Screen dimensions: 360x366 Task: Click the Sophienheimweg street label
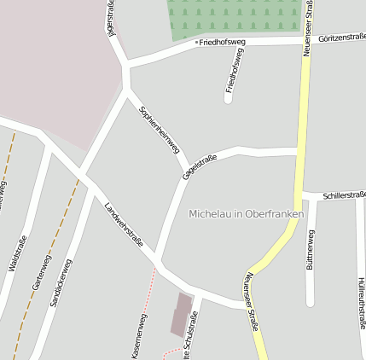(x=160, y=129)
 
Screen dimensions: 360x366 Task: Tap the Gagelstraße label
(x=200, y=167)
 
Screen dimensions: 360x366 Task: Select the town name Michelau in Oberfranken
(x=246, y=213)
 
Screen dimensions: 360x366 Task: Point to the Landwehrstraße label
(x=124, y=224)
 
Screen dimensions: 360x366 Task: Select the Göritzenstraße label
(x=341, y=37)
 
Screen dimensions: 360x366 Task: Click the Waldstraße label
(x=13, y=253)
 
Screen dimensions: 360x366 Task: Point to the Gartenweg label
(x=41, y=273)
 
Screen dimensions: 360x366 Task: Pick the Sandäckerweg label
(x=61, y=282)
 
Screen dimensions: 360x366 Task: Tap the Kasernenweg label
(x=139, y=335)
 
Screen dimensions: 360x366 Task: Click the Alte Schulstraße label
(x=193, y=337)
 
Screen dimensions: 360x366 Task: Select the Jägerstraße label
(x=111, y=18)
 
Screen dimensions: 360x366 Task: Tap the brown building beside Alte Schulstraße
(x=181, y=314)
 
